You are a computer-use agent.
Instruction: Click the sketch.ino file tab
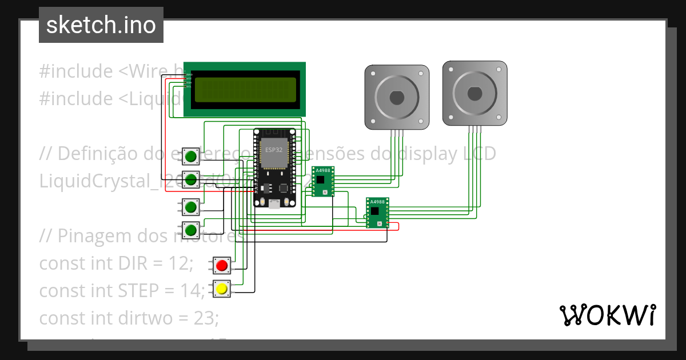click(x=101, y=25)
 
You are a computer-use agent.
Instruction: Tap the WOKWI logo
click(x=607, y=315)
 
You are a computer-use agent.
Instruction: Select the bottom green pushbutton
click(x=191, y=230)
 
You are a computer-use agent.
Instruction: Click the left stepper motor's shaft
click(x=397, y=97)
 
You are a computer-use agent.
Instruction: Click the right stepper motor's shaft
click(x=474, y=93)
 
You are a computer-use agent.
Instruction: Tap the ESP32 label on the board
click(x=273, y=149)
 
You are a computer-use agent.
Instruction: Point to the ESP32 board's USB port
click(x=274, y=203)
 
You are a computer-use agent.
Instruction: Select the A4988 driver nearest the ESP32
click(x=322, y=181)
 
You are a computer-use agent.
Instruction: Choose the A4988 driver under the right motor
click(x=377, y=213)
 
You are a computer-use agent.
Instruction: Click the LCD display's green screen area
click(x=245, y=90)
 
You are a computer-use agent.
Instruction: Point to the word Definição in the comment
click(x=99, y=154)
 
